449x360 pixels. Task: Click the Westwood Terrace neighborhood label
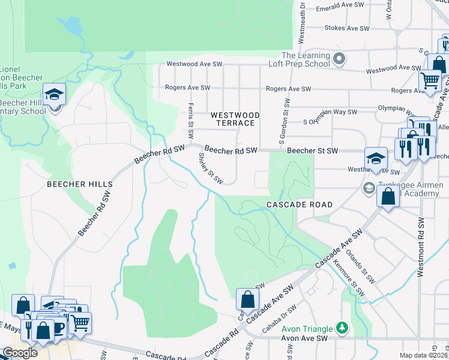pyautogui.click(x=235, y=118)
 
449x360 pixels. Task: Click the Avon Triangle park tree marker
pyautogui.click(x=342, y=328)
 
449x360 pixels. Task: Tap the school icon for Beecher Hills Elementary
pyautogui.click(x=54, y=95)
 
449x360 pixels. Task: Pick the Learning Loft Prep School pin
pyautogui.click(x=339, y=59)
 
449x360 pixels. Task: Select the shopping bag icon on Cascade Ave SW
pyautogui.click(x=247, y=298)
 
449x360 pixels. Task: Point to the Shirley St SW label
pyautogui.click(x=211, y=169)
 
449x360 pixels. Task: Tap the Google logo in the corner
pyautogui.click(x=20, y=353)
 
